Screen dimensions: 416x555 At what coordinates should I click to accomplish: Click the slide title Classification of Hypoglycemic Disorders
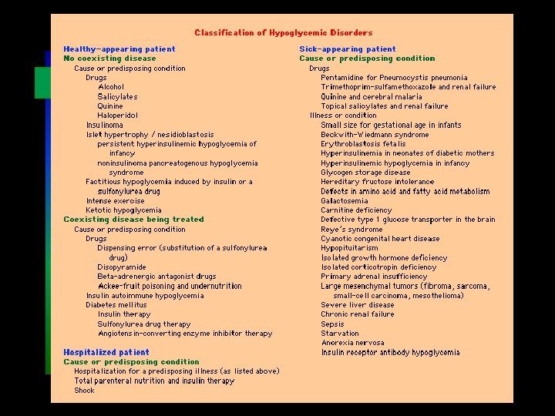coord(283,33)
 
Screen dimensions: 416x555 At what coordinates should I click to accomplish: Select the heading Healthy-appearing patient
coord(119,49)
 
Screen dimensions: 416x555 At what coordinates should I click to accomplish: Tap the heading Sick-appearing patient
coord(347,49)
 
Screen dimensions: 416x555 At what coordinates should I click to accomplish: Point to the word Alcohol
coord(110,87)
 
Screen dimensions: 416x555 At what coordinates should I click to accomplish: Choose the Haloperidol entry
coord(118,116)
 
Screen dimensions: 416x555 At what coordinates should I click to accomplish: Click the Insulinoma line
coord(104,125)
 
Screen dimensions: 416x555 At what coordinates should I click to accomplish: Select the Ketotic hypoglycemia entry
coord(123,210)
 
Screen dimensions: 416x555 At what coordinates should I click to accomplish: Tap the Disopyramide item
coord(122,267)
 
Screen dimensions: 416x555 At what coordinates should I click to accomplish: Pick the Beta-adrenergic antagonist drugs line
coord(156,277)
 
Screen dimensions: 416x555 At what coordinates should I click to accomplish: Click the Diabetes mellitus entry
coord(116,305)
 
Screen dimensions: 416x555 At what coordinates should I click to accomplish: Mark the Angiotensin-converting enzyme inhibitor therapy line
coord(184,334)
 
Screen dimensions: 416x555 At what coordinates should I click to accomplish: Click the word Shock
coord(84,391)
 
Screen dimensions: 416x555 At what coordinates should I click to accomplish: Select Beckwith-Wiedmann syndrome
coord(375,135)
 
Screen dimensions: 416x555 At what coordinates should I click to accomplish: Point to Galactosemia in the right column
coord(345,201)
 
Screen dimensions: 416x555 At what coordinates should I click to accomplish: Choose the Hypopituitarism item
coord(349,249)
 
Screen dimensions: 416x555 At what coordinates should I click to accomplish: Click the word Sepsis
coord(332,324)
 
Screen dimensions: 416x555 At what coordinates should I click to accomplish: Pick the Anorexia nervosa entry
coord(352,344)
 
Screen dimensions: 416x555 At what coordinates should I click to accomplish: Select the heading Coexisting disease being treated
coord(133,220)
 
